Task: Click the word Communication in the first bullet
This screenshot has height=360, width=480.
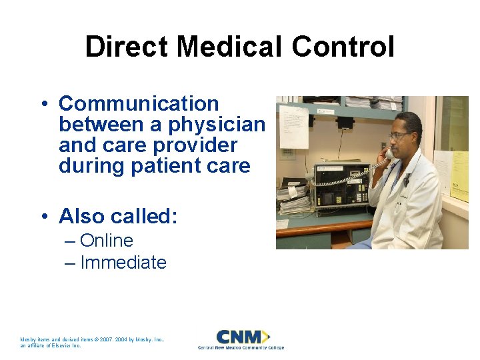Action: pos(139,104)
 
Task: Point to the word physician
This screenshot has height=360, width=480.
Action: pos(217,125)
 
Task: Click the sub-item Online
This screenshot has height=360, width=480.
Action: pos(106,241)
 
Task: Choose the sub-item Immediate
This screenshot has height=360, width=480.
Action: pos(123,263)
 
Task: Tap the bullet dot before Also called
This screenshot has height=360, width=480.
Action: pos(43,217)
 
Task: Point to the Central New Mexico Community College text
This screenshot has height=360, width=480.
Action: pos(241,347)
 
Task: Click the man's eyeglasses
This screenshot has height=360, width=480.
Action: pos(400,135)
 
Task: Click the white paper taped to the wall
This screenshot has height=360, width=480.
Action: pos(293,126)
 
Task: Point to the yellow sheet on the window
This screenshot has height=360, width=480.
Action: pos(459,175)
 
